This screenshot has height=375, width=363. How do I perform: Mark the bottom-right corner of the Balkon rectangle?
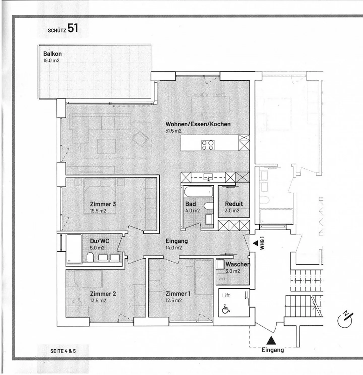pos(152,99)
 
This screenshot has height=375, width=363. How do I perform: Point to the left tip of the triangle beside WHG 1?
pos(253,243)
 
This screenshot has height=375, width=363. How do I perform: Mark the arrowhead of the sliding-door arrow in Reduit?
pos(226,187)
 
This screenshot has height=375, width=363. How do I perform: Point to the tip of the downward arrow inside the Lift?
pos(246,298)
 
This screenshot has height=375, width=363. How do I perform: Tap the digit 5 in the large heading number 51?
pos(71,28)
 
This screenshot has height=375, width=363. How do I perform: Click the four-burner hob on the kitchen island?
pos(208,145)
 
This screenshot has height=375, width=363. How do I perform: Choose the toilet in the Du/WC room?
pos(90,257)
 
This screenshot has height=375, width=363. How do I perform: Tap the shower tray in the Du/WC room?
pos(74,249)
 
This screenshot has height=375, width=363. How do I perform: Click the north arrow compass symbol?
pos(345,320)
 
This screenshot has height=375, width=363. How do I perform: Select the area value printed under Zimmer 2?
pos(98,301)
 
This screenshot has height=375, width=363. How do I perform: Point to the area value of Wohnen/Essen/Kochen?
pos(173,131)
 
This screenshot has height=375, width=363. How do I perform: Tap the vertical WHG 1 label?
pos(262,243)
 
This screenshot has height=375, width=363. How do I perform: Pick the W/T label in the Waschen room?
pos(222,279)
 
